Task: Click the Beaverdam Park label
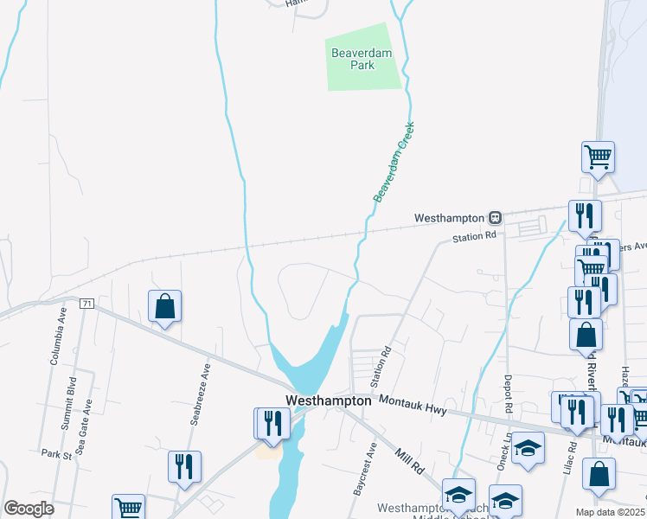362,59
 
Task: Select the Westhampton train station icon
496,217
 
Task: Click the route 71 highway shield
86,304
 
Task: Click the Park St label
54,453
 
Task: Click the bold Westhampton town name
329,400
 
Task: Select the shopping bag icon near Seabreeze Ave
164,306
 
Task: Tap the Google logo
29,509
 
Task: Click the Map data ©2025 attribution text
610,512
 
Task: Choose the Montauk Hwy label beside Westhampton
412,406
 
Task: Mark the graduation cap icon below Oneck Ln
528,447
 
